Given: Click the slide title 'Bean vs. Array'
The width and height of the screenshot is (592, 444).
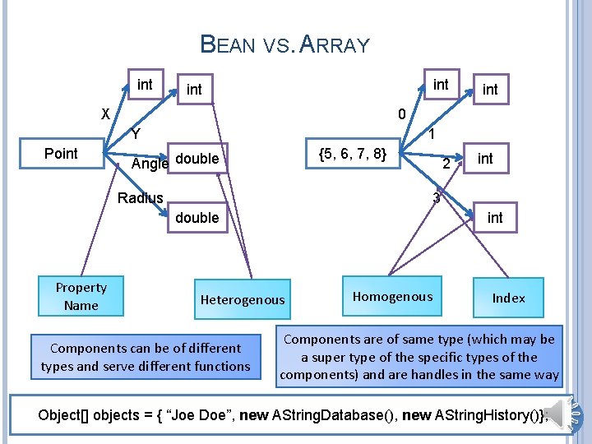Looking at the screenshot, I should (285, 44).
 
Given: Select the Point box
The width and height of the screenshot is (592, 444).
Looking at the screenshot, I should (61, 154).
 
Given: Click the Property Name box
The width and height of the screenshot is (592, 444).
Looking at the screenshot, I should (81, 296).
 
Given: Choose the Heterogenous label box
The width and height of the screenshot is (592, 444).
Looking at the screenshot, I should (242, 300).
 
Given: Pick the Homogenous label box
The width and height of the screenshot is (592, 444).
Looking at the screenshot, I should (392, 296).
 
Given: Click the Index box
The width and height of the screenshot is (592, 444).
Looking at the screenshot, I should (508, 298).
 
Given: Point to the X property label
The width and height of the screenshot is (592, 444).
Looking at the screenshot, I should (105, 113).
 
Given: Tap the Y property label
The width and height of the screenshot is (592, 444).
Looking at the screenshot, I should (136, 133).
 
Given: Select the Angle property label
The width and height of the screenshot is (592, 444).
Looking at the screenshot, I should (150, 163).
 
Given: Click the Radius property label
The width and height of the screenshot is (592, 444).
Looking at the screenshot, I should (140, 197).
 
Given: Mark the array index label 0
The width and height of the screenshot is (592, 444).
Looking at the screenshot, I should (400, 113).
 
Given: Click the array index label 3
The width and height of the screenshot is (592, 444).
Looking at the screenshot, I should (437, 197).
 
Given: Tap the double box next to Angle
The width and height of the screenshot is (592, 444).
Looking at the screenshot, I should (197, 158).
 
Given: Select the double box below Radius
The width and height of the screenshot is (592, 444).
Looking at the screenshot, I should (197, 217).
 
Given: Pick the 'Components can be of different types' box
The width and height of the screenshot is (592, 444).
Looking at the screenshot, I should (146, 357).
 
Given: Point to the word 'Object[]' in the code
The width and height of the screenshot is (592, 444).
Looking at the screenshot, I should (62, 414).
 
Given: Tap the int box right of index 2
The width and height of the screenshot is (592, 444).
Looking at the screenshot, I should (485, 158).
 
